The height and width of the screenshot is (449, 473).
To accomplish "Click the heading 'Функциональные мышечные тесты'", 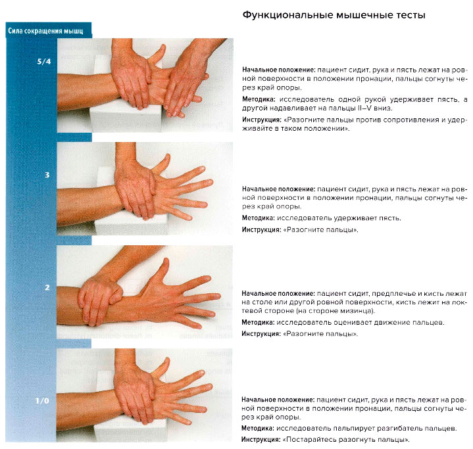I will (x=334, y=14).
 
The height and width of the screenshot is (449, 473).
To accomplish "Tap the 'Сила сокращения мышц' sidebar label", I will (x=45, y=30).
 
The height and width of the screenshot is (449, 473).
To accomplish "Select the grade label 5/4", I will (x=44, y=62).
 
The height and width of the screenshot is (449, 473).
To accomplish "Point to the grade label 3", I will (x=47, y=175).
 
